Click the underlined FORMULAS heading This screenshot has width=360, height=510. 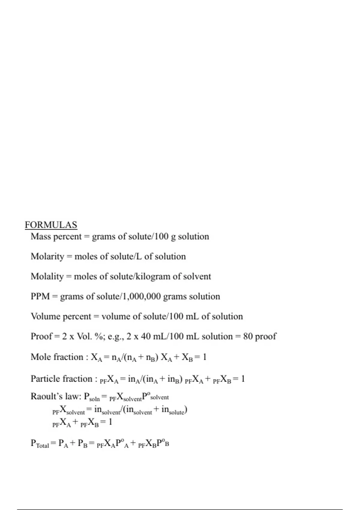point(51,225)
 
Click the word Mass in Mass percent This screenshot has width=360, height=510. point(41,236)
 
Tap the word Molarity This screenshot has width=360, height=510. point(47,256)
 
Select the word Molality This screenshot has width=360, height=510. point(47,276)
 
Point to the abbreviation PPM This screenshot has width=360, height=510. point(40,296)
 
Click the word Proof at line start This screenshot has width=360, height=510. point(41,336)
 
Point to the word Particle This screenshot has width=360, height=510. point(45,379)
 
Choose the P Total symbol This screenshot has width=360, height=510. point(40,444)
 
